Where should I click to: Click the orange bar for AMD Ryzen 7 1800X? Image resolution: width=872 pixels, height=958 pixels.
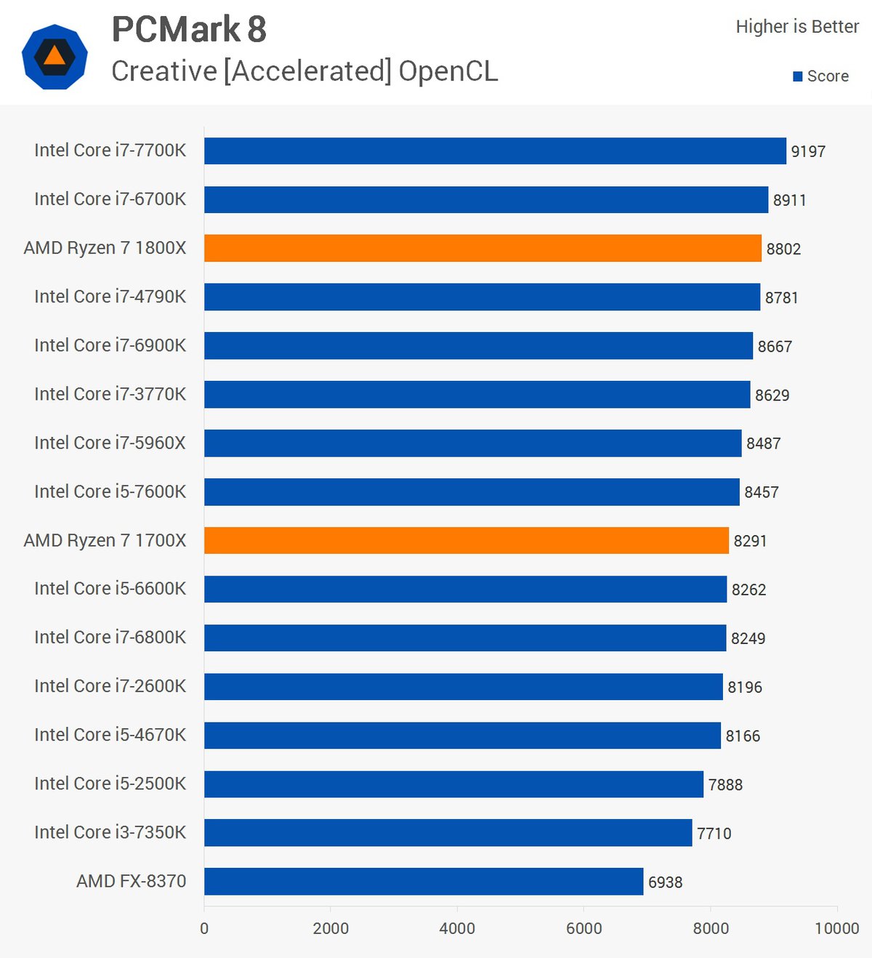coord(483,248)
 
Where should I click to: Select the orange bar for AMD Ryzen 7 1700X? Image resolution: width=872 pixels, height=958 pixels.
coord(466,540)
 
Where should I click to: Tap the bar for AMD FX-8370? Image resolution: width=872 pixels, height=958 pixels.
coord(424,881)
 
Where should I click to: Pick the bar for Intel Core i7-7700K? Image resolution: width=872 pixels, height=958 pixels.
coord(495,150)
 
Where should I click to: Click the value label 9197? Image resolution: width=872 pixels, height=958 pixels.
coord(808,151)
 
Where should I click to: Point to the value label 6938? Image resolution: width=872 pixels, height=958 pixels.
coord(665,882)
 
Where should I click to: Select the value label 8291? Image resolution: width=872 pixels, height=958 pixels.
coord(750,541)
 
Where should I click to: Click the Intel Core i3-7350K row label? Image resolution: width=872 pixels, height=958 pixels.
coord(110,832)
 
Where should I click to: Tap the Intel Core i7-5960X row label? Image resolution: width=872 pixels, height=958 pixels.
coord(110,443)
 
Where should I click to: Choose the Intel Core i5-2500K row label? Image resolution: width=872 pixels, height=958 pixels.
coord(110,784)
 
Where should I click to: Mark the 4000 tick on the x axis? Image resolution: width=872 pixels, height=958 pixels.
coord(457,928)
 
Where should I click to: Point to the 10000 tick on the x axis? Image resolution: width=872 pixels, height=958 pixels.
coord(836,928)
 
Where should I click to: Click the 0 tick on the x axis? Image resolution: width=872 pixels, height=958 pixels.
coord(204,928)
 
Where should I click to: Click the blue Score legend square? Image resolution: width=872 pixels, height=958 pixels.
coord(798,76)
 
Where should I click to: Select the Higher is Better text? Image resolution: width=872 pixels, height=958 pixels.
coord(797,27)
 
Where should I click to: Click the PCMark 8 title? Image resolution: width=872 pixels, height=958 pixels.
coord(189,30)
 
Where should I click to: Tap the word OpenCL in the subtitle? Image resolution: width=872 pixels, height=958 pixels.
coord(448,71)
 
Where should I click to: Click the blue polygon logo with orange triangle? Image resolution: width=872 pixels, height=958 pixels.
coord(54,57)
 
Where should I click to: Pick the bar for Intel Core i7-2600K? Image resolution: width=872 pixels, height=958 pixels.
coord(464,686)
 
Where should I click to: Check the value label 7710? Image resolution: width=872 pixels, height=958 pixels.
coord(714,833)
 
